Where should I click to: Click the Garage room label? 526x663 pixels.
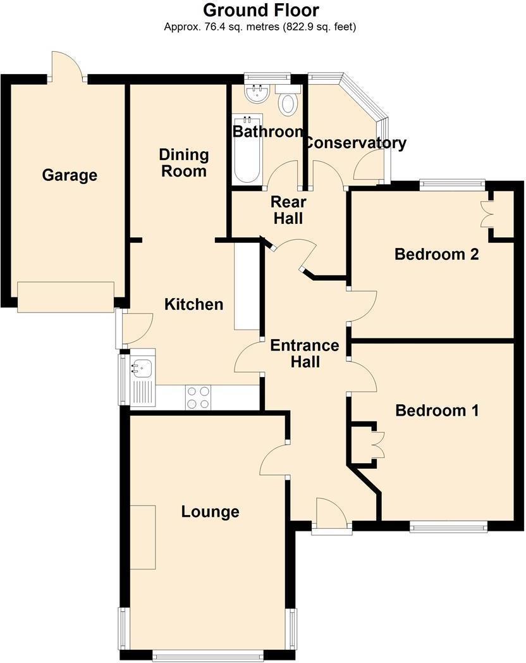coord(70,175)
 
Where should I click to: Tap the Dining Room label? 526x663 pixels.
coord(183,163)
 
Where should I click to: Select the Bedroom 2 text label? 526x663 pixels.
coord(436,254)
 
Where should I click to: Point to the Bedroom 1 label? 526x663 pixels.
coord(437,411)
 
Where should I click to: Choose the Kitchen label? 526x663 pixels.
coord(193,304)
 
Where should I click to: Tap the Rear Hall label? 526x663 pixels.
coord(288,210)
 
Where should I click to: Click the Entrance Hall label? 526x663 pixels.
coord(305,354)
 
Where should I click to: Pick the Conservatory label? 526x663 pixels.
coord(355,143)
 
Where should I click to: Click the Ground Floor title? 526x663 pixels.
coord(260,10)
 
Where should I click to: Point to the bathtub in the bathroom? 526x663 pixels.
coord(246,150)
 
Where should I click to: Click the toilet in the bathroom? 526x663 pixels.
coord(288,102)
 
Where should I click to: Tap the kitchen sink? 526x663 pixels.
coord(140,366)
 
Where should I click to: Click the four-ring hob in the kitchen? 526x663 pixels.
coord(198,397)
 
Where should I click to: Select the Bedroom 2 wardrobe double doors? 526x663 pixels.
coord(487,214)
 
